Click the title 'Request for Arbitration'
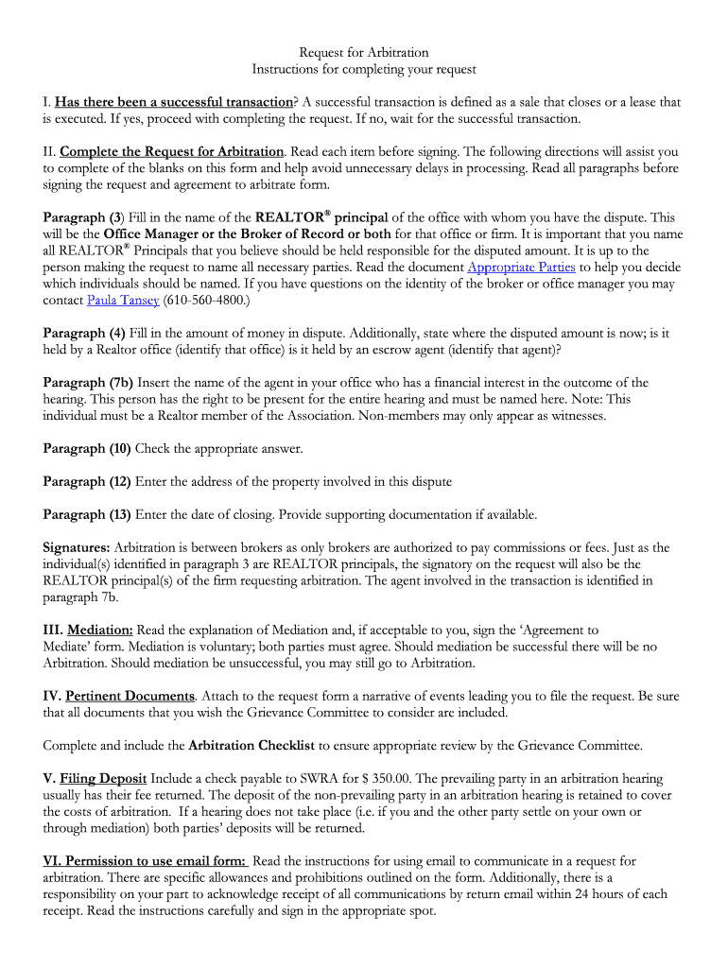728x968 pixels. (364, 53)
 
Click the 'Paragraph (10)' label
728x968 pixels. (87, 448)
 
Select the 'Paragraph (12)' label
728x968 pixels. (87, 481)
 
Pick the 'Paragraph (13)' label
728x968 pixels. (87, 514)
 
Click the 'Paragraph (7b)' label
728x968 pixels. (89, 383)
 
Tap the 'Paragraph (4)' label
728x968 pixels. (84, 333)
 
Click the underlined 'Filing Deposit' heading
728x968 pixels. (103, 779)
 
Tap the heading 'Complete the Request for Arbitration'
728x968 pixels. (171, 151)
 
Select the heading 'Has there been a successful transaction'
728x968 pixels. (174, 102)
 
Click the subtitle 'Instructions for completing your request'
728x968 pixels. (364, 69)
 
